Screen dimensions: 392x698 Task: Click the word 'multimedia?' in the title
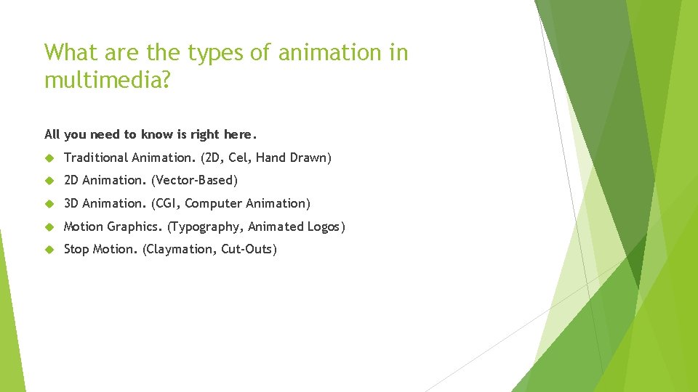click(106, 80)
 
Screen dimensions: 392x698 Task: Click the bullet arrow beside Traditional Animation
click(49, 158)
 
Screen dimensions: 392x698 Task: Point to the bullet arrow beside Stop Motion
click(49, 250)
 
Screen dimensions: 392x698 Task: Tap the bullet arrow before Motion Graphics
click(49, 226)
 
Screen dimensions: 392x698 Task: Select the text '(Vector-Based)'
click(194, 180)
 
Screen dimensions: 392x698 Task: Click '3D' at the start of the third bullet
click(71, 203)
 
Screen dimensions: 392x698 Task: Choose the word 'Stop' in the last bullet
click(76, 250)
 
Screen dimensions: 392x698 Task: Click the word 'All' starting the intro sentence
click(52, 134)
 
